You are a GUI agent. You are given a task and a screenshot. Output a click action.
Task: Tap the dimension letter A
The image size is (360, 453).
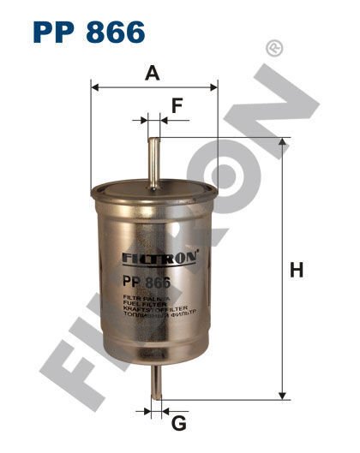[153, 73]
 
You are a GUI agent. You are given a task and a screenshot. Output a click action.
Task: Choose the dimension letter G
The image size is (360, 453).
[178, 423]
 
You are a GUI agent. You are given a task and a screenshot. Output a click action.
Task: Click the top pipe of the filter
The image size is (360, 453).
[153, 150]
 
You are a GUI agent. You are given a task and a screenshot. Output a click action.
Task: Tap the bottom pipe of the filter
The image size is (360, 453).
[155, 381]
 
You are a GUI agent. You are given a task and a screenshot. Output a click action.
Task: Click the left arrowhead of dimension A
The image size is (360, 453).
[95, 86]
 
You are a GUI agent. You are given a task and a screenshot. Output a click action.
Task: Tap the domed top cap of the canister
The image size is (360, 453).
[153, 182]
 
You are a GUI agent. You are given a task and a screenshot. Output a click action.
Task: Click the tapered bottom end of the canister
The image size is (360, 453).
[154, 355]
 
